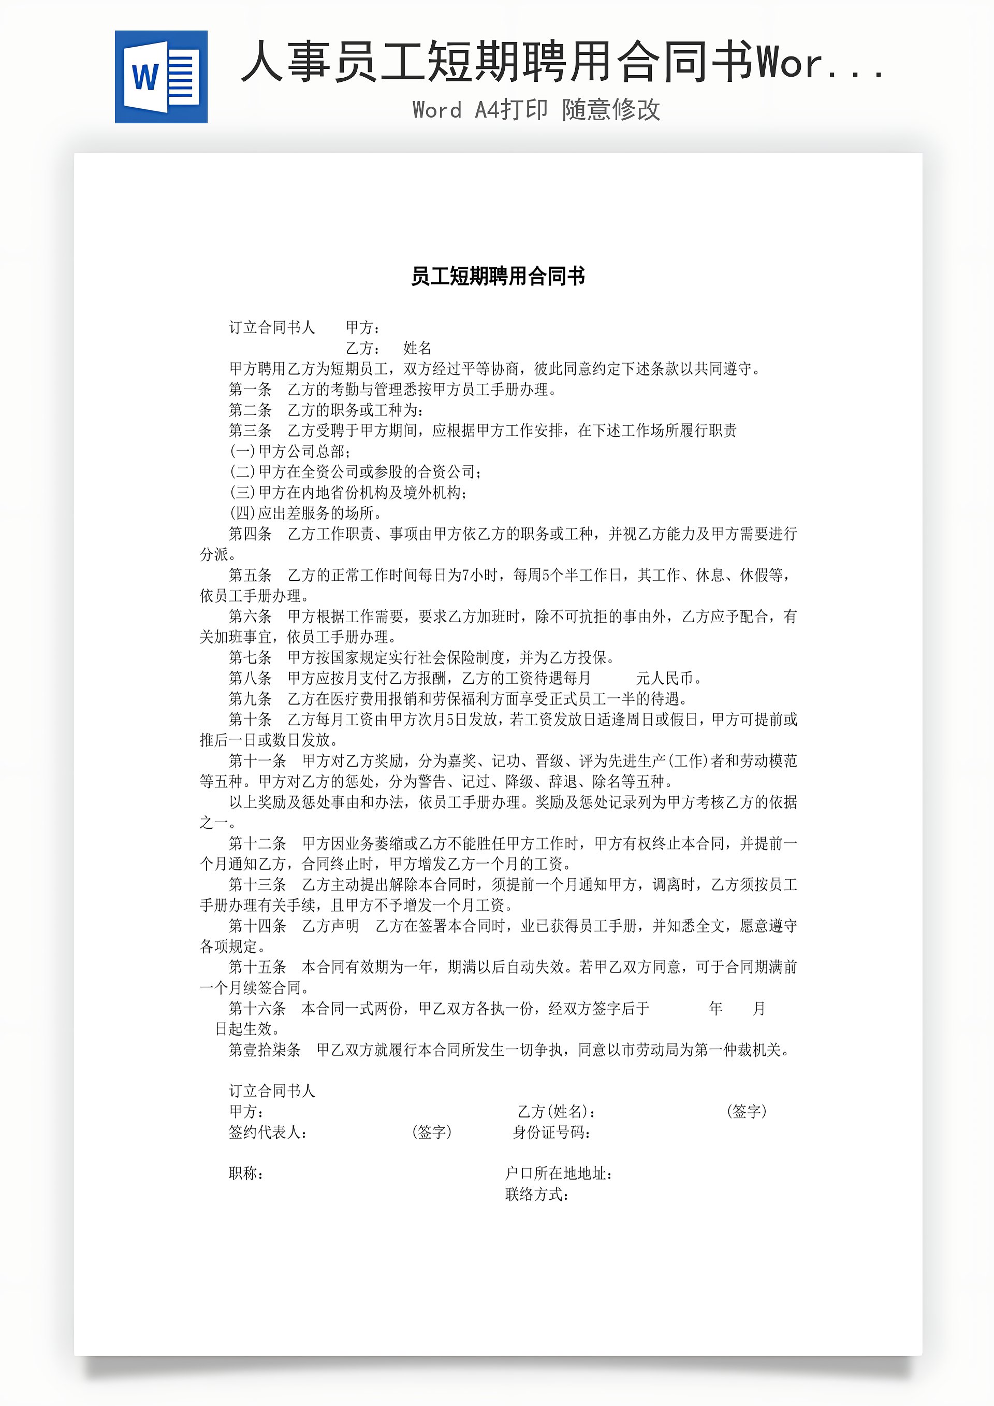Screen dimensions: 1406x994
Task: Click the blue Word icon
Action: (161, 77)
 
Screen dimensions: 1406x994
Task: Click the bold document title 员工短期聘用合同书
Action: (498, 276)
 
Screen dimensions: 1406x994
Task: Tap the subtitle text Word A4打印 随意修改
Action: (536, 110)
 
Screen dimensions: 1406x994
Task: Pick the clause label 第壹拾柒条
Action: (265, 1050)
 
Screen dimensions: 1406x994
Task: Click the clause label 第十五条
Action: (257, 968)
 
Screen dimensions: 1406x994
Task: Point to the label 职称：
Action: (246, 1173)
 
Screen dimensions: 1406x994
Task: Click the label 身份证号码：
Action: (551, 1132)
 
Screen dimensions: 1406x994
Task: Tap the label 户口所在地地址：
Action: (558, 1173)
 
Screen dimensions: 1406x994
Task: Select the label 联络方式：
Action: (537, 1194)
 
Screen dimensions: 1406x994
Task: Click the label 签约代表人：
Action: (268, 1132)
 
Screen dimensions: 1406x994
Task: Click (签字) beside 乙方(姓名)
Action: (746, 1111)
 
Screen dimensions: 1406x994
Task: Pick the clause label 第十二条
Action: (257, 844)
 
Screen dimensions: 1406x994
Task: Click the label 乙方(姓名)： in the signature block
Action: (557, 1111)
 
